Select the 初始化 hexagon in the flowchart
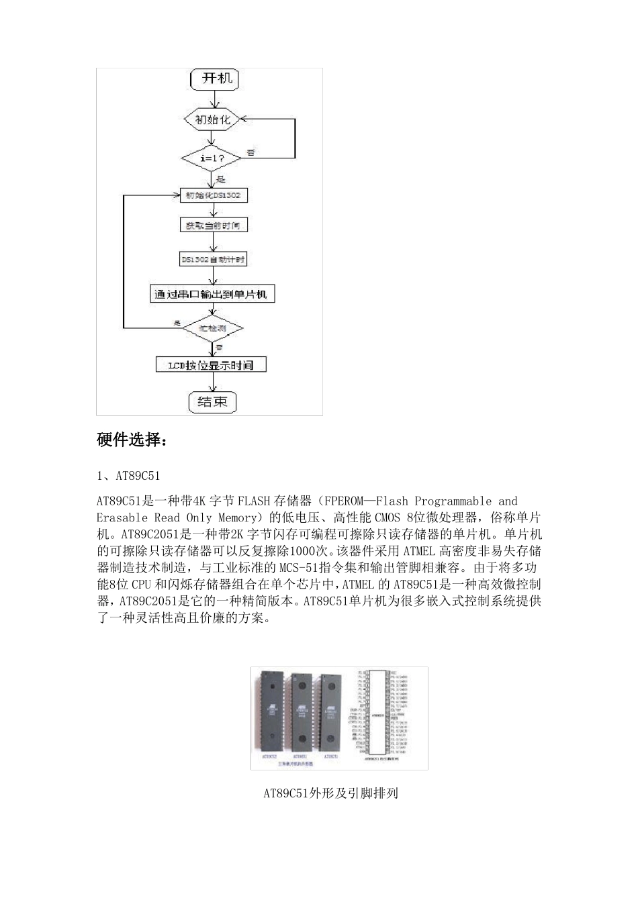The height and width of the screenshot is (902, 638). click(212, 119)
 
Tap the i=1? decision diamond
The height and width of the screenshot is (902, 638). click(212, 159)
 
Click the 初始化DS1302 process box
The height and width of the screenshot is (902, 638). click(212, 195)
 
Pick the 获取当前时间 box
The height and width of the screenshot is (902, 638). click(212, 225)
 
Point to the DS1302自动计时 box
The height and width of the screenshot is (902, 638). click(212, 259)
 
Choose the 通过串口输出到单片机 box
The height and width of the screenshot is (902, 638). click(212, 294)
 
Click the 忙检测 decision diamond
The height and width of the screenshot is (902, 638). click(212, 328)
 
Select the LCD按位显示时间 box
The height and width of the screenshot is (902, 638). click(212, 364)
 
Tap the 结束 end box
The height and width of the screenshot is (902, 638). click(212, 401)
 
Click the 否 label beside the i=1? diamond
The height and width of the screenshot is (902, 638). click(251, 153)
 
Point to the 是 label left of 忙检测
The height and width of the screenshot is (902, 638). click(177, 323)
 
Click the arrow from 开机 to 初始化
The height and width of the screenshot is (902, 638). click(212, 99)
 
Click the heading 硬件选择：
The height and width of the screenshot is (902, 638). click(131, 440)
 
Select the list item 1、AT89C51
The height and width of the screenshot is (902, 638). click(128, 476)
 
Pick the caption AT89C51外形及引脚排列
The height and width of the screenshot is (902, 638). click(330, 793)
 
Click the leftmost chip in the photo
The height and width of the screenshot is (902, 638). click(271, 711)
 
